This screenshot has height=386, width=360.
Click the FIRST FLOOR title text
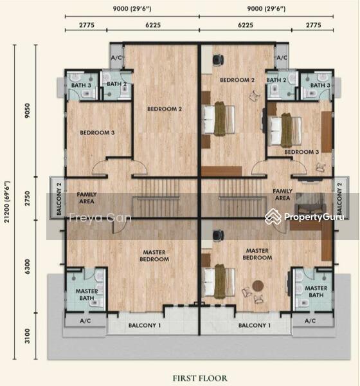(x=198, y=378)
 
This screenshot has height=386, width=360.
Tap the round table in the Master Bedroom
(x=258, y=286)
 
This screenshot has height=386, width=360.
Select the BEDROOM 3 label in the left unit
(x=97, y=133)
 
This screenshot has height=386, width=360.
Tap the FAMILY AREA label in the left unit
(x=87, y=196)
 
